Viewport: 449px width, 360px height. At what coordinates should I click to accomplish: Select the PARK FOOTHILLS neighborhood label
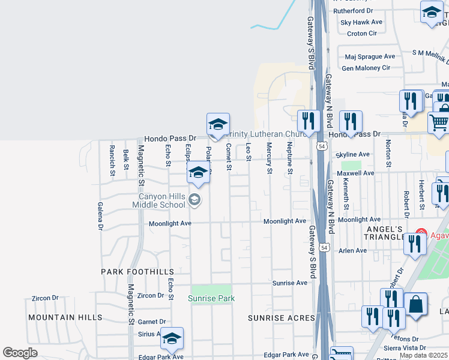[x=137, y=272]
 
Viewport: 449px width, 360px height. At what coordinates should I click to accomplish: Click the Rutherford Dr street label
[x=353, y=11]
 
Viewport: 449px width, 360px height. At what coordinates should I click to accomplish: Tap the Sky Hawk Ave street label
[x=361, y=22]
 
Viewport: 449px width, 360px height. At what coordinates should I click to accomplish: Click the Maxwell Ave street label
[x=355, y=173]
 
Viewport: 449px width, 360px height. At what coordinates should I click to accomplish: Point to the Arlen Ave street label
[x=352, y=251]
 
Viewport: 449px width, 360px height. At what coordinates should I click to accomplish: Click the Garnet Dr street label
[x=151, y=322]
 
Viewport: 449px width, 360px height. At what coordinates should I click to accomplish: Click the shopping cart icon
[x=439, y=123]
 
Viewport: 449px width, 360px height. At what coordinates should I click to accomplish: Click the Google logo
[x=20, y=353]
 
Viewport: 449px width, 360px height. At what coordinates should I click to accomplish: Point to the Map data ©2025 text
[x=424, y=355]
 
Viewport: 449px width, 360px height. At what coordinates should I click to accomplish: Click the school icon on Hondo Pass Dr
[x=218, y=124]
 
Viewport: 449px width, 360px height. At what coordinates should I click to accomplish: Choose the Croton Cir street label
[x=362, y=34]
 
